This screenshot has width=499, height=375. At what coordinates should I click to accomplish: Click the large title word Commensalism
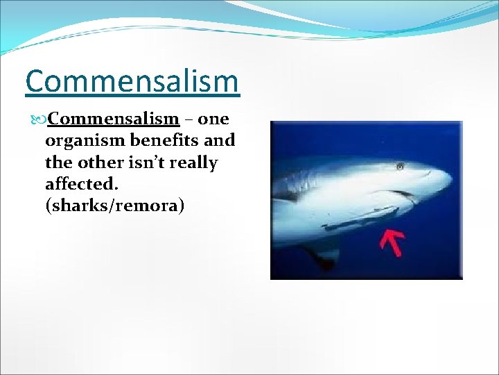(132, 81)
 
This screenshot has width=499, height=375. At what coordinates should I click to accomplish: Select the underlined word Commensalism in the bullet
(114, 119)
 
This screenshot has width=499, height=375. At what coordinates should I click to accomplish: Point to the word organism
(85, 141)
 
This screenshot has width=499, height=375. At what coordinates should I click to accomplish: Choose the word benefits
(166, 140)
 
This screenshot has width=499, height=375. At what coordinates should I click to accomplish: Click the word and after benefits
(221, 140)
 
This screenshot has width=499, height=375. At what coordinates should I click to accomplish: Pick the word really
(196, 163)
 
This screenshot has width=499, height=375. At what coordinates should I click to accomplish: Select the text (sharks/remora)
(114, 206)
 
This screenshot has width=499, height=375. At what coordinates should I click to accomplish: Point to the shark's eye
(400, 166)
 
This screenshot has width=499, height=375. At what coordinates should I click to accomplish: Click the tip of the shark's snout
(450, 182)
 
